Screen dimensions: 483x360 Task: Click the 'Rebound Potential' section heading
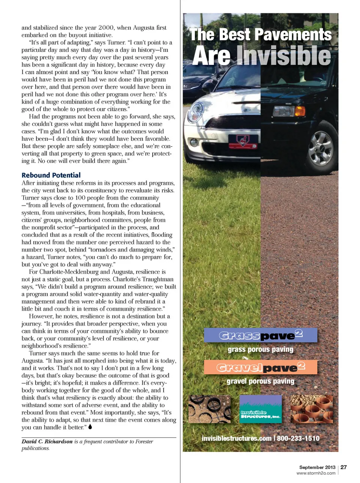(51, 175)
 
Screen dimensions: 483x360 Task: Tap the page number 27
(343, 467)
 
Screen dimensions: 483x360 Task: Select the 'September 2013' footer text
(317, 467)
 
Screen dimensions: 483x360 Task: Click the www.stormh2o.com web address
(316, 473)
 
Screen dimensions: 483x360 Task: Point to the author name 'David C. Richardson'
(47, 442)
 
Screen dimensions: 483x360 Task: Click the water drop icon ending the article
(90, 427)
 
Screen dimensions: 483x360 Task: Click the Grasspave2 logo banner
(261, 335)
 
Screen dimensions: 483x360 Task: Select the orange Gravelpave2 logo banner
(261, 367)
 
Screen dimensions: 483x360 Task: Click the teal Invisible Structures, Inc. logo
(260, 409)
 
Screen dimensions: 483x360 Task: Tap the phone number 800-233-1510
(298, 438)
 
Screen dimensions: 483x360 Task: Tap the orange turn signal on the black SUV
(300, 111)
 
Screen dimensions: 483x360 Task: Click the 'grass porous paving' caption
(261, 349)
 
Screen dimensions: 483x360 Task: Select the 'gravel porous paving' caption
(261, 381)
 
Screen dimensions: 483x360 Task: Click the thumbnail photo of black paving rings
(209, 409)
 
